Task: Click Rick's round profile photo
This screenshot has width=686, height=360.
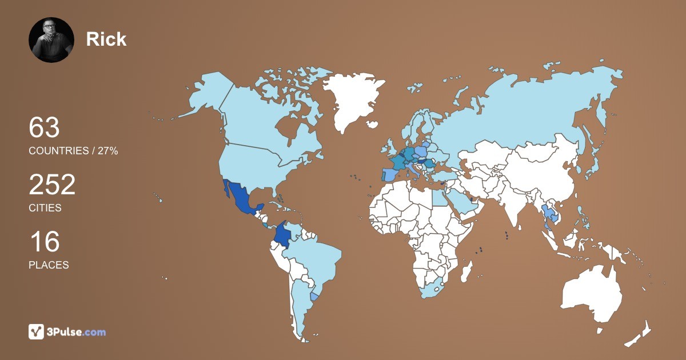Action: pyautogui.click(x=51, y=39)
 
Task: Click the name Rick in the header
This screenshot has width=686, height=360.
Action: pyautogui.click(x=106, y=39)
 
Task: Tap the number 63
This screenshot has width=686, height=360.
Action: pyautogui.click(x=45, y=127)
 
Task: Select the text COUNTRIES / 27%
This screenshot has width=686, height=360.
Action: pyautogui.click(x=73, y=151)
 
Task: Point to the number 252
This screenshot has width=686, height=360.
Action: pyautogui.click(x=52, y=185)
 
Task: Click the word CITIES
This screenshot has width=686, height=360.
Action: pyautogui.click(x=45, y=208)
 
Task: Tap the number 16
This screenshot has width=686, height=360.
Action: pyautogui.click(x=44, y=242)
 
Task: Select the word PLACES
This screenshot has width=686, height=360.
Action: pyautogui.click(x=49, y=265)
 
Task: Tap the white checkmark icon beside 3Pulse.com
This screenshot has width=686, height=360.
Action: pyautogui.click(x=37, y=332)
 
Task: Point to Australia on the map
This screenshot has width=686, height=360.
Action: pyautogui.click(x=592, y=294)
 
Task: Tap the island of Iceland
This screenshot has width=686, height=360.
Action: pyautogui.click(x=372, y=124)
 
